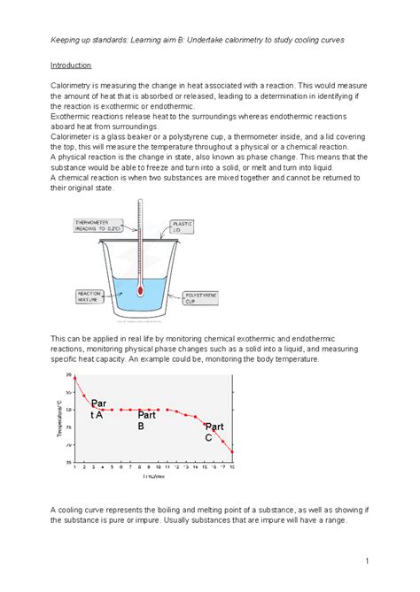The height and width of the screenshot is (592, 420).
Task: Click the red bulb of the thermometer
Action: (x=139, y=289)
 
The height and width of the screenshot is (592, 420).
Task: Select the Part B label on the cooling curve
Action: (x=147, y=419)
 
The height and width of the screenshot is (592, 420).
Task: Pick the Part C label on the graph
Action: (x=214, y=431)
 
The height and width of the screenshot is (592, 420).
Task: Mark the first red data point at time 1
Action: (x=74, y=378)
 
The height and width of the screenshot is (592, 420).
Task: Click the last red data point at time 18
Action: (x=232, y=452)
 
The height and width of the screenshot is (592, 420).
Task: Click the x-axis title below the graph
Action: (x=152, y=476)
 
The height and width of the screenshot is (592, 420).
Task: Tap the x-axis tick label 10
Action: (x=158, y=466)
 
